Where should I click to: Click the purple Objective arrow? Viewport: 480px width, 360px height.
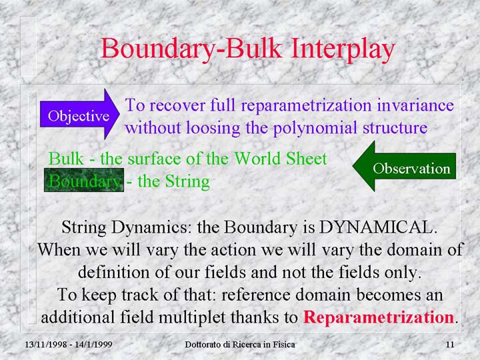79,115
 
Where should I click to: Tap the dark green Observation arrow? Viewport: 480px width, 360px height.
404,166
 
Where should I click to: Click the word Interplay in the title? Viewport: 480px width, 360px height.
343,49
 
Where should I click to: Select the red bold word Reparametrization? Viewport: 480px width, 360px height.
379,317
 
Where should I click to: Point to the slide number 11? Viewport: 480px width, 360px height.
450,345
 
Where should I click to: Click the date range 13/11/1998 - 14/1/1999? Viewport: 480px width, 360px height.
68,345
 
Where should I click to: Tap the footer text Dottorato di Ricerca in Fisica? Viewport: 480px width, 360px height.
240,345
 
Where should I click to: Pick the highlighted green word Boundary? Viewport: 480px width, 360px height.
84,180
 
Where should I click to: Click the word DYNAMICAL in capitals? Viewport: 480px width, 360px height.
378,227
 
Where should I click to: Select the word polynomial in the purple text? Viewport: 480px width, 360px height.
315,128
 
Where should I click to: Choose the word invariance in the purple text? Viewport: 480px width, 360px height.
415,105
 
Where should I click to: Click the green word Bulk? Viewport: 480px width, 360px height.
66,159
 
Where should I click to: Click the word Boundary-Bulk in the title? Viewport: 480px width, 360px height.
191,49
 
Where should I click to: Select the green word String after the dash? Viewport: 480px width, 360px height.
187,181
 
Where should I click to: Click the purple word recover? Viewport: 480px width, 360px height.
177,105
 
